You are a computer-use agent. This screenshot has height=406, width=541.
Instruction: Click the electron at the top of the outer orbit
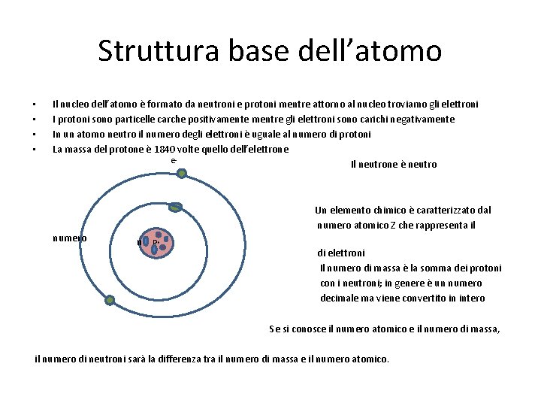[x=182, y=173]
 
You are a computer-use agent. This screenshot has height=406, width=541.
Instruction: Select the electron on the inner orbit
[x=176, y=208]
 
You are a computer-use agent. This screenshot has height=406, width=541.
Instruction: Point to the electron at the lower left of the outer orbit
[x=110, y=300]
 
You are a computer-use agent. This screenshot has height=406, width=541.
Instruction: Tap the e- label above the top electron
[x=174, y=160]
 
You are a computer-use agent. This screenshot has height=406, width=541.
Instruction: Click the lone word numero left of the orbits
[x=69, y=238]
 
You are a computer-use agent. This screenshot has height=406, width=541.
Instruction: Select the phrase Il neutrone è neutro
[x=393, y=164]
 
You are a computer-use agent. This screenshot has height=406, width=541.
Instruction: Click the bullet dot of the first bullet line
[x=35, y=105]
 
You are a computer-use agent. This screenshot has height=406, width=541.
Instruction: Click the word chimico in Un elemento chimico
[x=381, y=211]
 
